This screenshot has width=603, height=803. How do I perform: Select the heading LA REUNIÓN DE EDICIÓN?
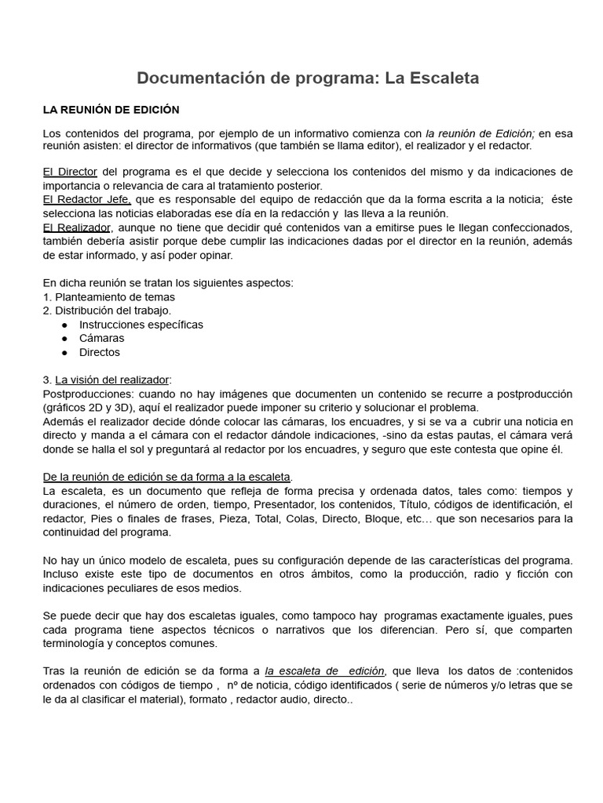click(x=111, y=110)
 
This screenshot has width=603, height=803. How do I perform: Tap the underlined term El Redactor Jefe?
click(x=87, y=200)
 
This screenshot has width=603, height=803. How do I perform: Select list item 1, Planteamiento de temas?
click(x=109, y=296)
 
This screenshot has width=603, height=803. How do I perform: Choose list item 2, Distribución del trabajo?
click(x=107, y=311)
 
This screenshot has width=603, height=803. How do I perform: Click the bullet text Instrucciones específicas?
click(x=141, y=325)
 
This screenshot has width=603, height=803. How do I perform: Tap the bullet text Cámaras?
click(x=102, y=339)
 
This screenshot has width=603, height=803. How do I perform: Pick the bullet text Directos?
click(x=100, y=353)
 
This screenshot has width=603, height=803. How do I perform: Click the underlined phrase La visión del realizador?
click(x=111, y=380)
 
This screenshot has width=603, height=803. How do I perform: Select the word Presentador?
click(x=323, y=505)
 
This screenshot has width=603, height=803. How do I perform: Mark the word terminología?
click(x=77, y=643)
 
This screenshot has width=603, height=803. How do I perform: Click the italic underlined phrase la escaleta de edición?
click(x=325, y=671)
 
